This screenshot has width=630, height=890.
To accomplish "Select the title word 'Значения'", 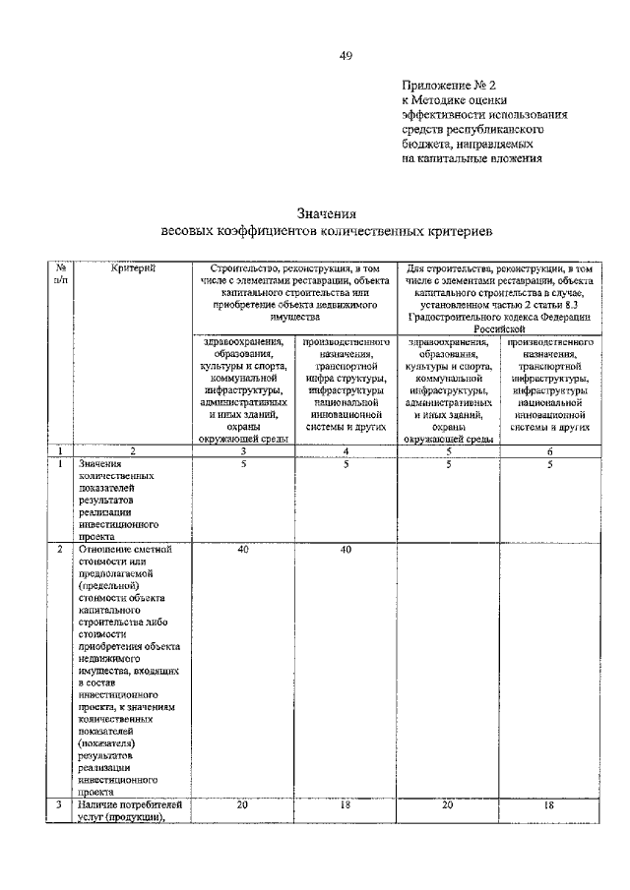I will (326, 212).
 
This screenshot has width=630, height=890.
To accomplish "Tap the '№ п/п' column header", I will (61, 273).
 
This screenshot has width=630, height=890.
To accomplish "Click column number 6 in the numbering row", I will (550, 452).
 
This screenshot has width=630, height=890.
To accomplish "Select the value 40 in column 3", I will (242, 551).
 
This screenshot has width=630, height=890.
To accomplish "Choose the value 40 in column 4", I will (346, 551).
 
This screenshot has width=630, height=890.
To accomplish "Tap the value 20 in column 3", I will (242, 804).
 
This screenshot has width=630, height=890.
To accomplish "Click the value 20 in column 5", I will (448, 804).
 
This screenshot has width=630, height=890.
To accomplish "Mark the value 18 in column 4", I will (346, 804).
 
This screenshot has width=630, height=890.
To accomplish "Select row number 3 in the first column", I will (61, 804).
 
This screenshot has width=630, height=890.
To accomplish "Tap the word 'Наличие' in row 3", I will (100, 804).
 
